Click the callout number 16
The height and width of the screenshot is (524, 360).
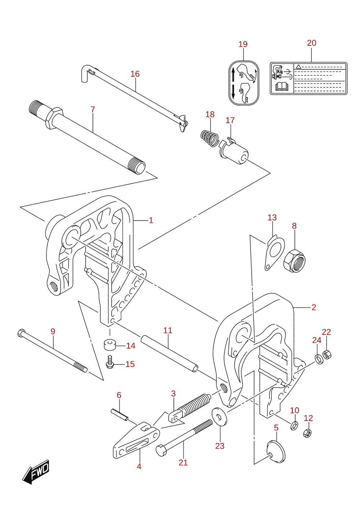[x=135, y=74]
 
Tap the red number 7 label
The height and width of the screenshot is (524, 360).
[x=93, y=109]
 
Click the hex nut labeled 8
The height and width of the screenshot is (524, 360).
[x=294, y=261]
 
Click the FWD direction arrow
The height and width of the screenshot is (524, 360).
[x=36, y=472]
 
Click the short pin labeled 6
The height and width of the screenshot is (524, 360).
[x=119, y=415]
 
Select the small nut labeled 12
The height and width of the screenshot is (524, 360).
[x=307, y=433]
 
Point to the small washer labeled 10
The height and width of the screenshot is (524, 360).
[x=294, y=426]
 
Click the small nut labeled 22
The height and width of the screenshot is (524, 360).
[x=327, y=355]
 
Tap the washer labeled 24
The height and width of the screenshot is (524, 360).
[x=319, y=359]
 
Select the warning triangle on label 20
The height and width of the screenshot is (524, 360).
[x=298, y=67]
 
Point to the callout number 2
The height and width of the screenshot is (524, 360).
[x=314, y=307]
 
